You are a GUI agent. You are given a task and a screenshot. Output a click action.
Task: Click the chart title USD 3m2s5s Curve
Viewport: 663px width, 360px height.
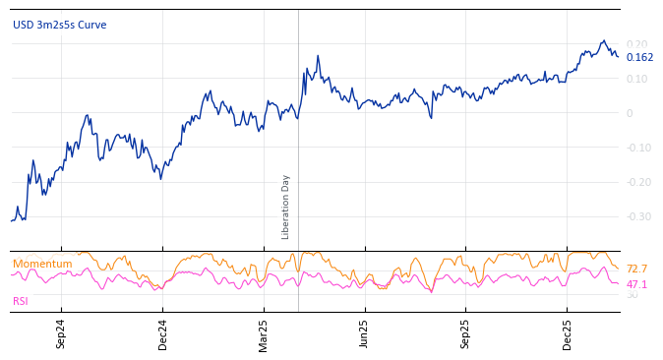[x=59, y=25]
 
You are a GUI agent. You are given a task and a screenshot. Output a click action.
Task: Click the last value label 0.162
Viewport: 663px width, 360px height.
[x=639, y=57]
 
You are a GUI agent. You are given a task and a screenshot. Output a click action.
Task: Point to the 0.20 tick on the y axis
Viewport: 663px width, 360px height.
[x=636, y=44]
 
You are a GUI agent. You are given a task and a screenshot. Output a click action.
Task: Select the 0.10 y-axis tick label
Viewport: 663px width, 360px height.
[x=636, y=79]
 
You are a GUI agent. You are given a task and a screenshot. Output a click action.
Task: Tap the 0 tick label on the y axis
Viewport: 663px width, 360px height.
[x=630, y=113]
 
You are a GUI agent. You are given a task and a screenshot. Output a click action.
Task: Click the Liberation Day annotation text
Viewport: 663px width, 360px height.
[x=286, y=207]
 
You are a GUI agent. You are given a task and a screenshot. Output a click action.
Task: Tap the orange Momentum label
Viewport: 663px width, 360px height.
[x=42, y=264]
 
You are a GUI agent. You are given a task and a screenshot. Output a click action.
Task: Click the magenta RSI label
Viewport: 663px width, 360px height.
[x=21, y=301]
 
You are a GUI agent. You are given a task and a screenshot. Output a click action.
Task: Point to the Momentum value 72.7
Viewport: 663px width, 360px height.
[x=636, y=269]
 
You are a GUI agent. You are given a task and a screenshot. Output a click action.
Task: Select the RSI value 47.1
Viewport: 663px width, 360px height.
[x=636, y=284]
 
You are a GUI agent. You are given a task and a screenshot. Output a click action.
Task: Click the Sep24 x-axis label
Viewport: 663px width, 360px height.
[x=61, y=333]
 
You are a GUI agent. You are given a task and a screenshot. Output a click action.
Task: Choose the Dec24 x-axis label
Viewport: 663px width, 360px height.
[x=162, y=333]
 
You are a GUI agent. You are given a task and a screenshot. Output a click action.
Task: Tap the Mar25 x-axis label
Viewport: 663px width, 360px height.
[x=264, y=333]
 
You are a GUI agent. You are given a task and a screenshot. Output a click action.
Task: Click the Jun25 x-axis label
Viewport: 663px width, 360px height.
[x=364, y=333]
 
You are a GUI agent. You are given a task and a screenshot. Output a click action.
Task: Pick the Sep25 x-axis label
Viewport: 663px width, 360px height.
[x=465, y=333]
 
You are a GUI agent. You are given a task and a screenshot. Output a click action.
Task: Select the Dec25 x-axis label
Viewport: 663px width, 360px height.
[x=567, y=333]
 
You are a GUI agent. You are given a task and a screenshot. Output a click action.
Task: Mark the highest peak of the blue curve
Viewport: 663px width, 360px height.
[x=604, y=41]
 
